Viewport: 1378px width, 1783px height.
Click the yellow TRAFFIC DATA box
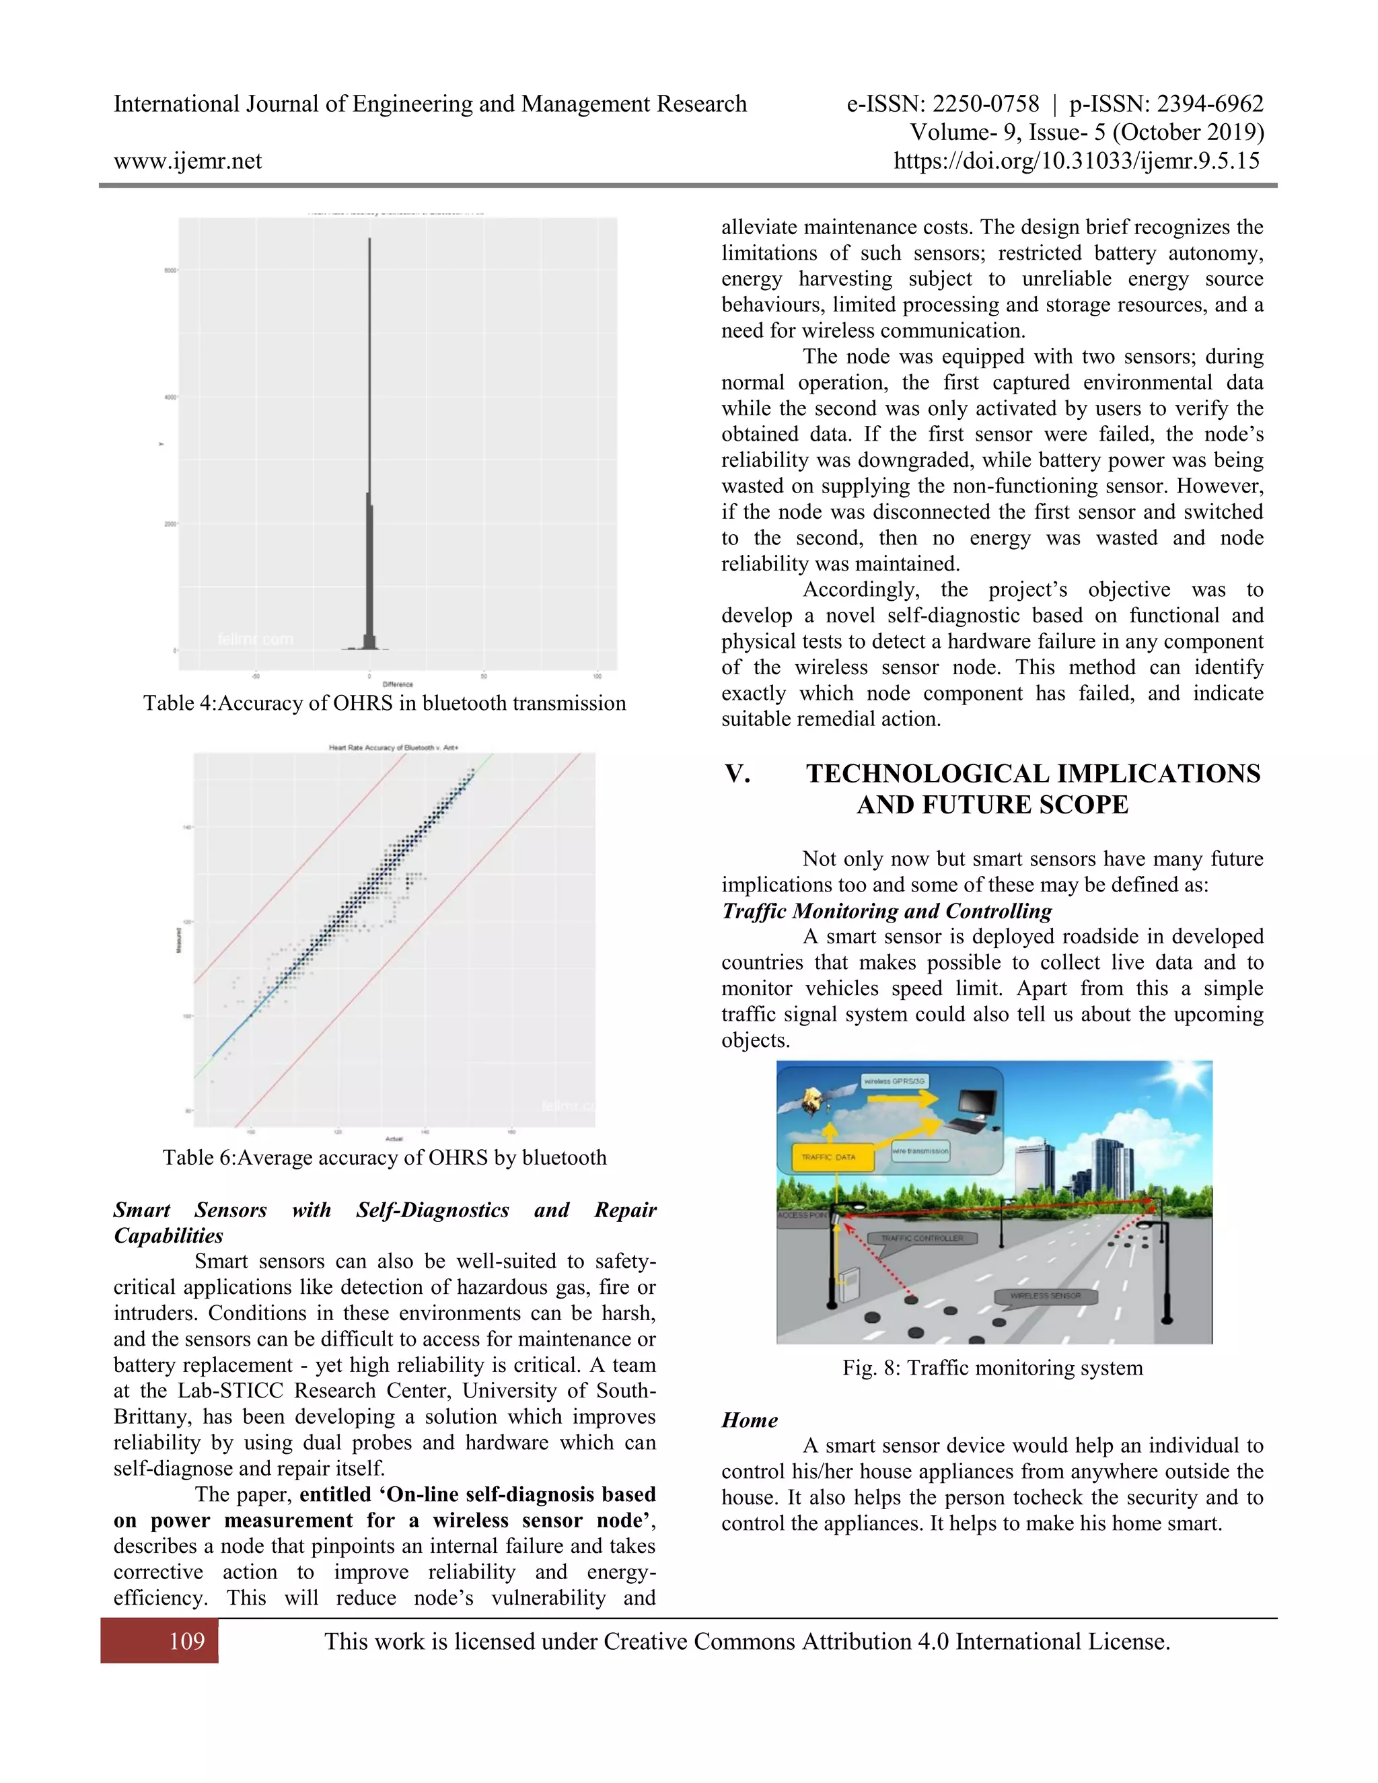pyautogui.click(x=828, y=1157)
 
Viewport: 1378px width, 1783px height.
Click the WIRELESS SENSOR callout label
pyautogui.click(x=1045, y=1296)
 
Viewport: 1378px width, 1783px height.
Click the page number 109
pyautogui.click(x=187, y=1641)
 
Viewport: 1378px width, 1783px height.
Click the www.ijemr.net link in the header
pyautogui.click(x=188, y=161)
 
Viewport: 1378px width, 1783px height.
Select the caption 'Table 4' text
pyautogui.click(x=384, y=703)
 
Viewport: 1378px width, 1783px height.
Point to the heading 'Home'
pyautogui.click(x=750, y=1420)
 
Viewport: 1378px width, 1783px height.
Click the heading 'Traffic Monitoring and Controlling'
pyautogui.click(x=887, y=910)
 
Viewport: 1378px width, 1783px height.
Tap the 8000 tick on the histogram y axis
pyautogui.click(x=170, y=270)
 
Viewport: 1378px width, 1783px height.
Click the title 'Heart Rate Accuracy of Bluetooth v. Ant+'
pyautogui.click(x=394, y=747)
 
